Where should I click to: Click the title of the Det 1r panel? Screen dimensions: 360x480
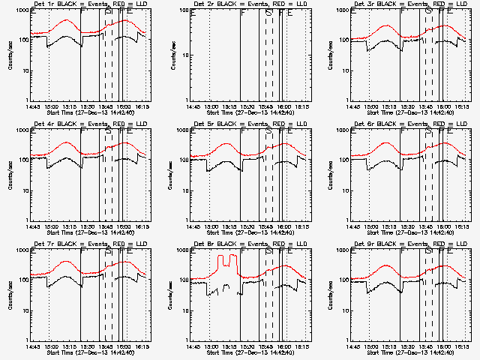90,4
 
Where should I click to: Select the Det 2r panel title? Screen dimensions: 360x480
250,4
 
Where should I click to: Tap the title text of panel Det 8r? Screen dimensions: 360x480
250,244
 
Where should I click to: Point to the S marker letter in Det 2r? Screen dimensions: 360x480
268,11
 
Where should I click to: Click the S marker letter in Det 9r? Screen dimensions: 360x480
429,251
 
